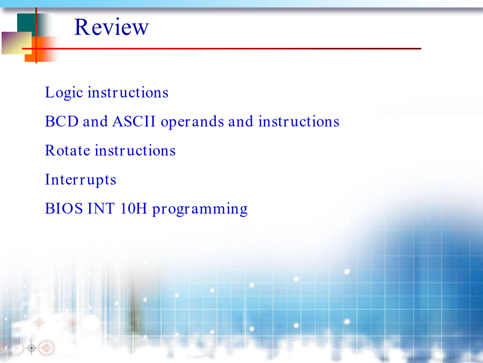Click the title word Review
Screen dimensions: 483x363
pos(112,27)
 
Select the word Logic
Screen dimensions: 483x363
pos(64,92)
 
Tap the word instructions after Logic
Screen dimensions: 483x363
pos(128,92)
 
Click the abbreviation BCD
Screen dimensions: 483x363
pos(62,122)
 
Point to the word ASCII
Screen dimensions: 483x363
pos(134,122)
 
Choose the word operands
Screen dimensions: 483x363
pos(192,122)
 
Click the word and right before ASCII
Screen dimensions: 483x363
pos(95,122)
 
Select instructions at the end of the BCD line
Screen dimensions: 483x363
pos(299,122)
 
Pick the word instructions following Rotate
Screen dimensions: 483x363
pos(135,151)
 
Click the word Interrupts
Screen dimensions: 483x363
pos(80,180)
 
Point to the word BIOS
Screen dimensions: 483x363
pos(64,209)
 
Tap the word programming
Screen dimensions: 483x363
pos(200,209)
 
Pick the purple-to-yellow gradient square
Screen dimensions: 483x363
pos(17,43)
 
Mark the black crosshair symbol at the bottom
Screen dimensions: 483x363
pos(32,348)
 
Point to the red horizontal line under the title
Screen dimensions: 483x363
pos(222,48)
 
